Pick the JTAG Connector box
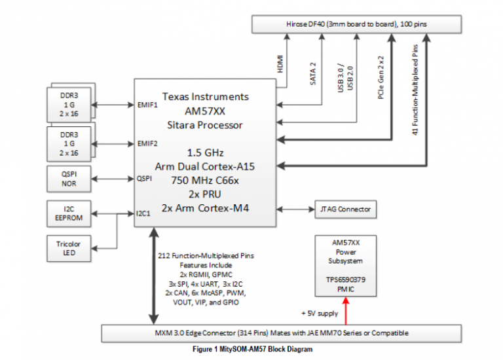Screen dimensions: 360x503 (x=346, y=209)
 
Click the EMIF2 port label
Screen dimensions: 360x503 (x=147, y=143)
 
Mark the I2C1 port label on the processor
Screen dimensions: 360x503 (x=145, y=213)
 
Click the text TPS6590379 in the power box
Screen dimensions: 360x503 (x=346, y=278)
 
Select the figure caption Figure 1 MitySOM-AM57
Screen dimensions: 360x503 (x=251, y=350)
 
